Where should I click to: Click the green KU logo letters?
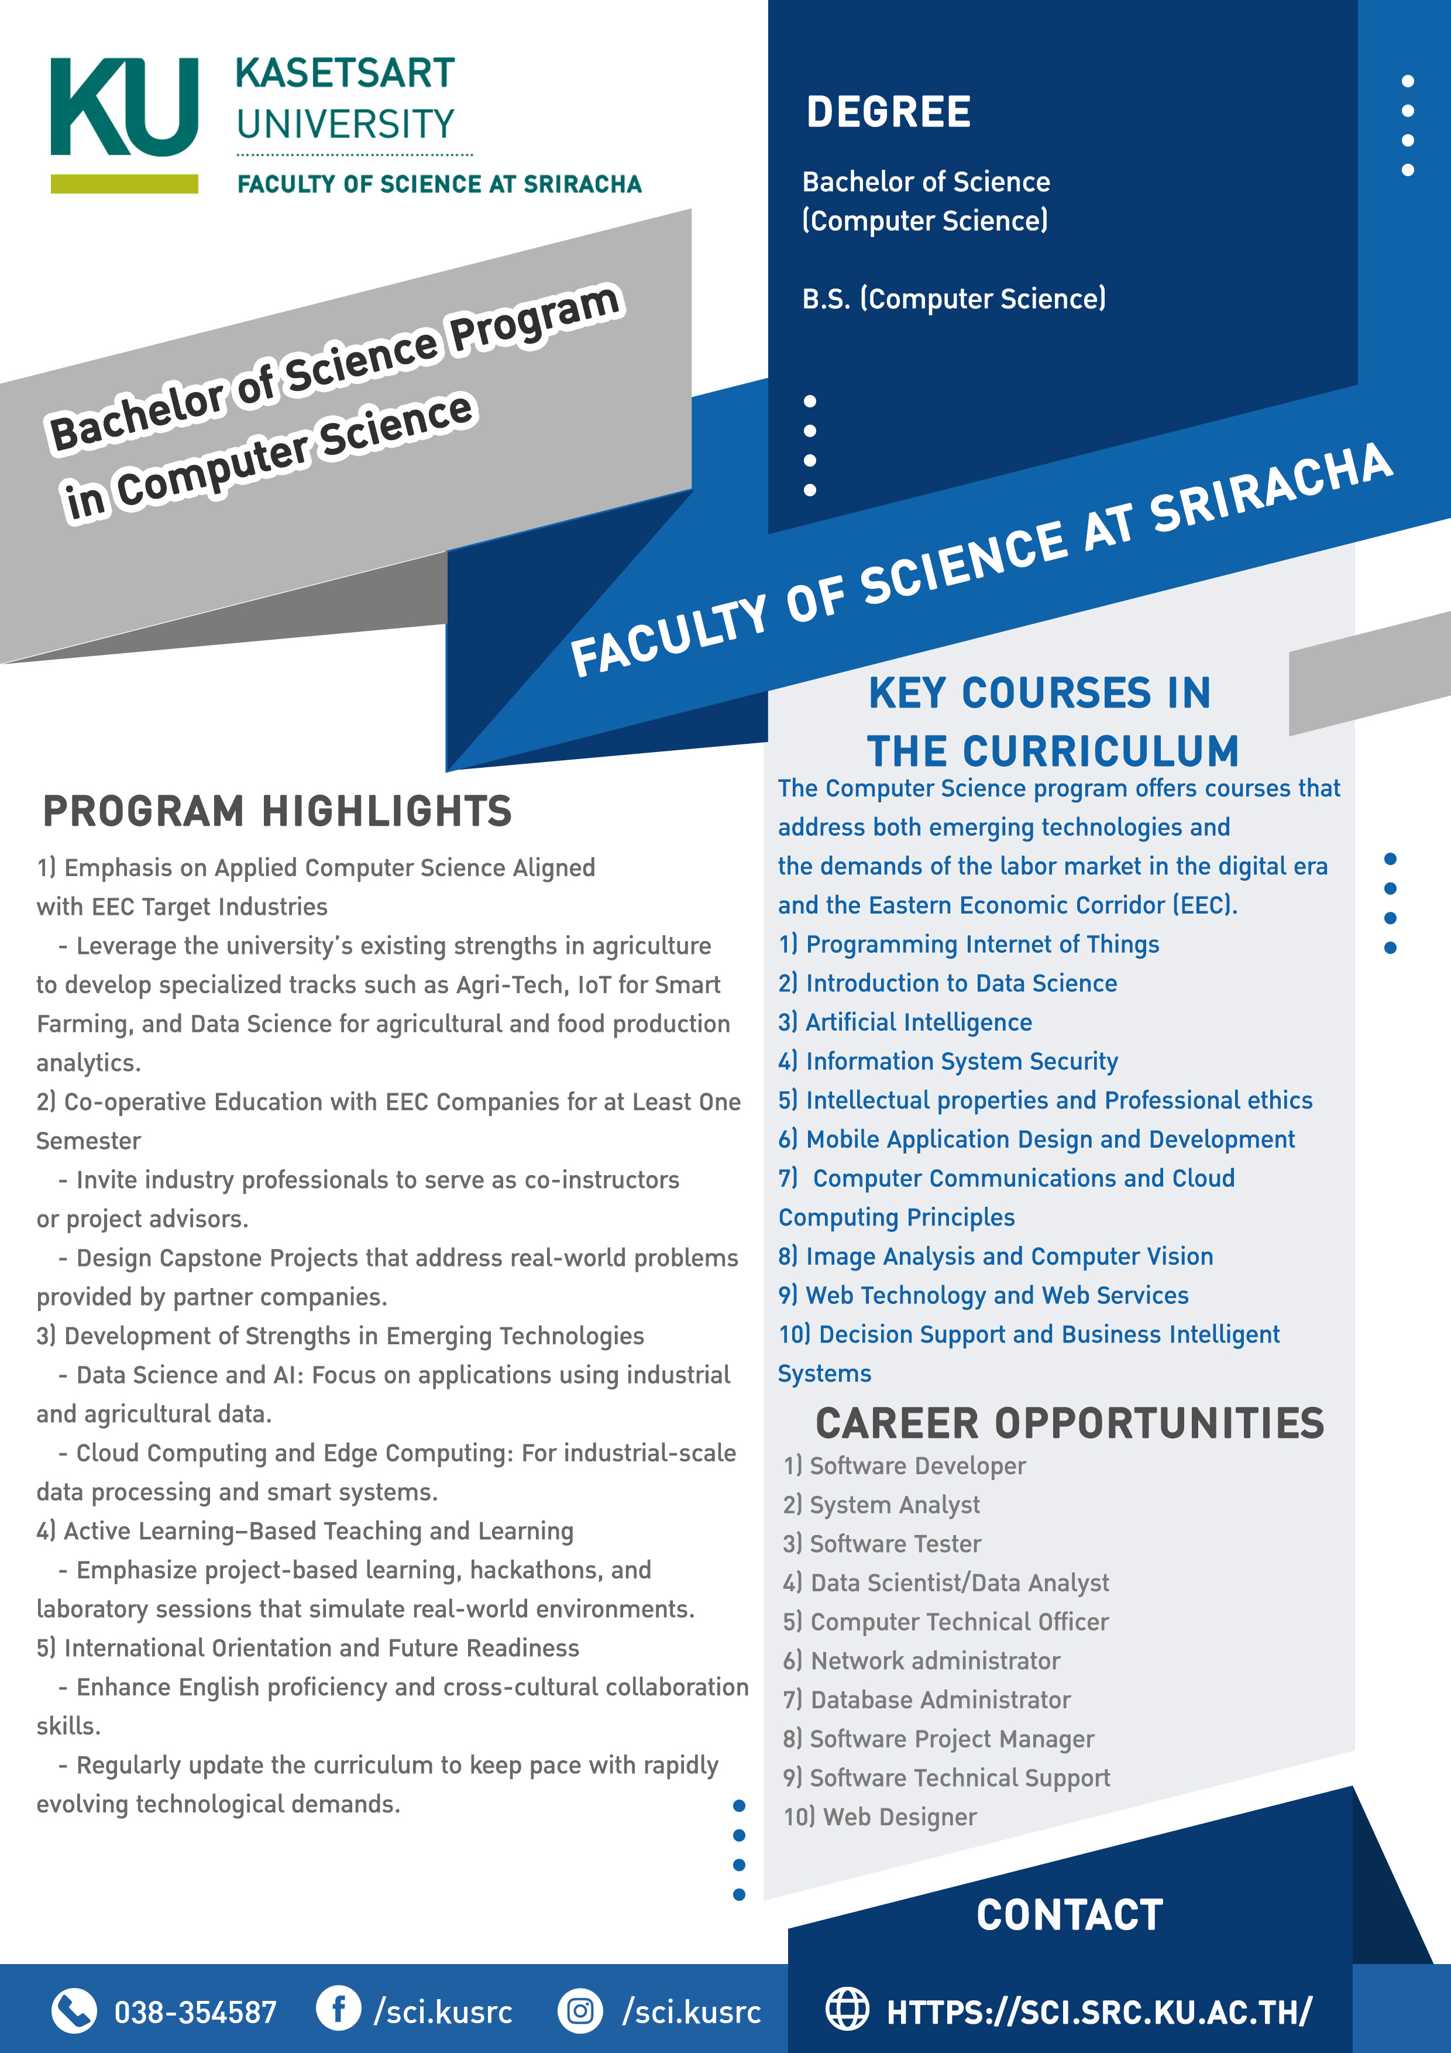(x=124, y=107)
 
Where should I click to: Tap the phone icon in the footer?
(x=73, y=2011)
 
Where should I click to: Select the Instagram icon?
(x=580, y=2011)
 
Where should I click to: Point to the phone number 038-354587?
(x=195, y=2012)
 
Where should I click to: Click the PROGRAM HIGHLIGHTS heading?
(x=277, y=812)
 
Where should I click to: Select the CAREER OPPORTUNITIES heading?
(x=1070, y=1423)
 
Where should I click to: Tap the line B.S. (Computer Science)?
(x=953, y=298)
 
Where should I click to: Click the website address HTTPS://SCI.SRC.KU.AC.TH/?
(x=1099, y=2012)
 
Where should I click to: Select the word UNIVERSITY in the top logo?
(x=346, y=124)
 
